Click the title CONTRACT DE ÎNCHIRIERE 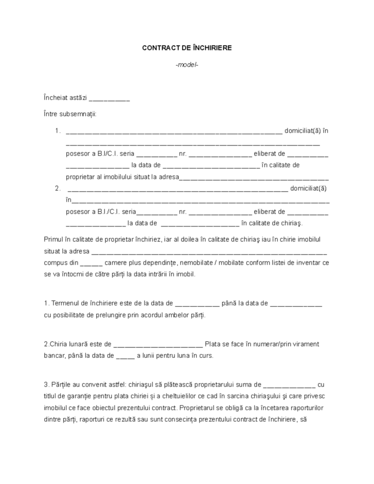[x=187, y=48]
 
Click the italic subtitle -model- [x=187, y=65]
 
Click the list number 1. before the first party [x=57, y=130]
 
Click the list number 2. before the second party [x=57, y=188]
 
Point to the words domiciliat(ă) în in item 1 [x=306, y=130]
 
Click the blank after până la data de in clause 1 [x=296, y=303]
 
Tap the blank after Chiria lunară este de [x=158, y=344]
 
